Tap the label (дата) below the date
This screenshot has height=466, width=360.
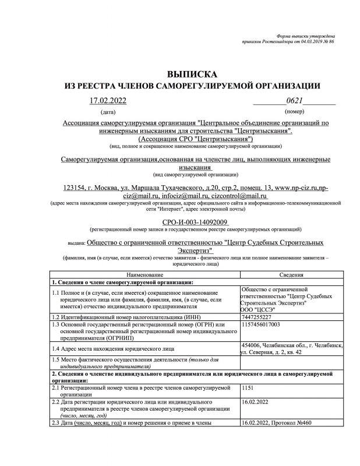coord(108,111)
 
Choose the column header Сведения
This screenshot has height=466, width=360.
coord(292,274)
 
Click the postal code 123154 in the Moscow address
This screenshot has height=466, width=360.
coord(75,188)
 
